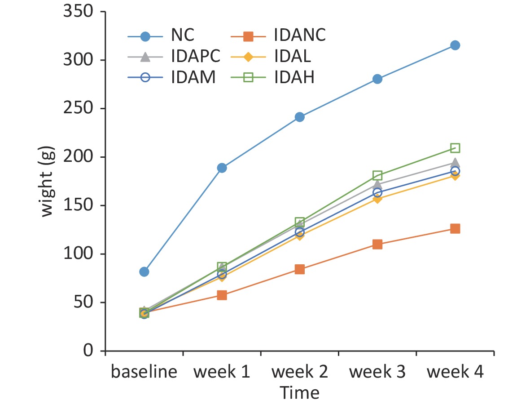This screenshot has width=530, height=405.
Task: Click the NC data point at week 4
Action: click(455, 45)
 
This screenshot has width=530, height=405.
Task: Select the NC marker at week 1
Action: click(222, 168)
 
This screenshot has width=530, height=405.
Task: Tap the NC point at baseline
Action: click(144, 271)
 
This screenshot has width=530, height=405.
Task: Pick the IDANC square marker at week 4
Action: click(455, 229)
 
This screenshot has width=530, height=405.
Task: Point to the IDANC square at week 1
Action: click(222, 295)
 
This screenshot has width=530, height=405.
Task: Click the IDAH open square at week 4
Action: click(455, 148)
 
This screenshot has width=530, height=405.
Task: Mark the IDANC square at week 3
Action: click(377, 245)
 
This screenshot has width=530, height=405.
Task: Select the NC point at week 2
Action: click(300, 117)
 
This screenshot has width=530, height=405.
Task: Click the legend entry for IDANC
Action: click(299, 35)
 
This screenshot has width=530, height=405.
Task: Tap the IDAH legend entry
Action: click(294, 78)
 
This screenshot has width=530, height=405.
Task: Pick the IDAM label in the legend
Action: click(193, 78)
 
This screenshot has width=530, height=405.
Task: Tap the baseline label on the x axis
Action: click(144, 373)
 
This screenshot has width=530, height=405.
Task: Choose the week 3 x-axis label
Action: click(377, 373)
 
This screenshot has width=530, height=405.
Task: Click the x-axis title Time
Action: click(300, 392)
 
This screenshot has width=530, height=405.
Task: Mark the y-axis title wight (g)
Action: click(48, 181)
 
